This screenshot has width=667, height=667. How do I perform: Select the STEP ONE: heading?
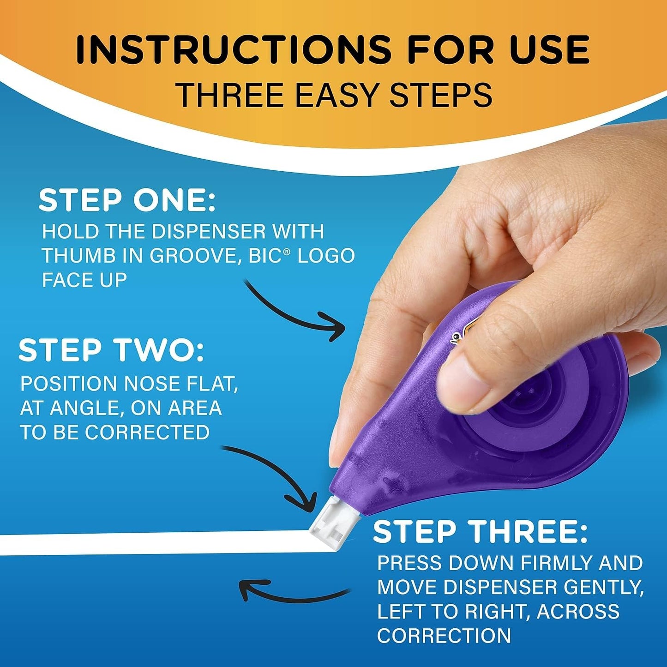127,201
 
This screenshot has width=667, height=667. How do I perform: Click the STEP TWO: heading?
111,350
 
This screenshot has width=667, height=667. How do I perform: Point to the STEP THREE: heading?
480,532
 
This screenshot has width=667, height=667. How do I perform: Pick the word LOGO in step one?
326,256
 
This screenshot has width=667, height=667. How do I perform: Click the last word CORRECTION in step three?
444,636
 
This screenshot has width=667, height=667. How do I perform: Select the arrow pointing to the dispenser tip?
277,475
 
